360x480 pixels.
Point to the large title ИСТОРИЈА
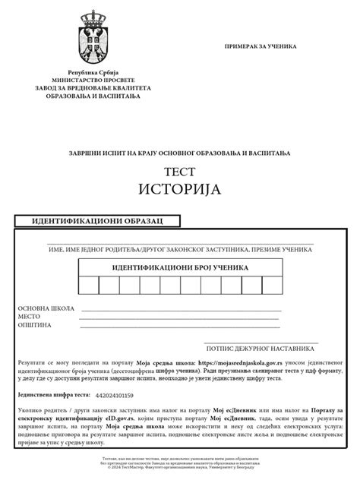(179, 188)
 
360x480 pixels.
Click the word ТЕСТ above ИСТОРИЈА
(179, 171)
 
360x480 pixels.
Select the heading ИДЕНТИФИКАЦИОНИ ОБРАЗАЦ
(99, 221)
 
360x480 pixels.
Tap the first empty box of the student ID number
(87, 286)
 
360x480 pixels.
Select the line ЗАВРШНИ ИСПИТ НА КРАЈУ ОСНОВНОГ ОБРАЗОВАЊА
(179, 153)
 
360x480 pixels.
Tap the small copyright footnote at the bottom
(179, 463)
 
